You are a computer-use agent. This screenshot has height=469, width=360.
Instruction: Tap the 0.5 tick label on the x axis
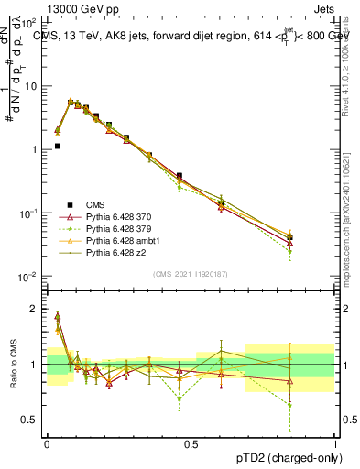point(191,442)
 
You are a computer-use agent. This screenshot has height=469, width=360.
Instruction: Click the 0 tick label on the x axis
point(47,442)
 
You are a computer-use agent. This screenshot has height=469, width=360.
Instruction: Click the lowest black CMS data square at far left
point(57,146)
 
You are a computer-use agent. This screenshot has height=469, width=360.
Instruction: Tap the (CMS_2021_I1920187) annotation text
point(191,274)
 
